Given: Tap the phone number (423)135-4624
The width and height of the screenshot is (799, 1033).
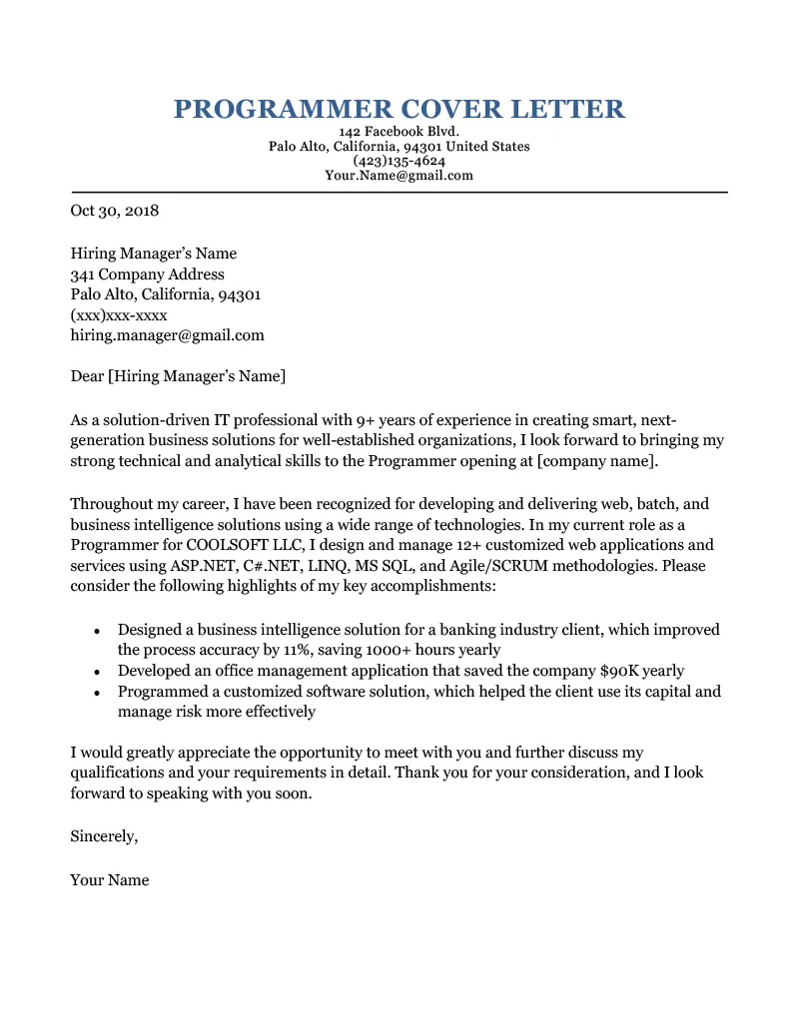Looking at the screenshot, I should [x=399, y=161].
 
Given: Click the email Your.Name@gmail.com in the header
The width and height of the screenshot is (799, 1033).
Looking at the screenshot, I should [x=399, y=176].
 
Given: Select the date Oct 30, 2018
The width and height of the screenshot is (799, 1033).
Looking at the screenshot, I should [x=114, y=212].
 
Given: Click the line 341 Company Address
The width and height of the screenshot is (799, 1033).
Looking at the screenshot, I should [x=147, y=274].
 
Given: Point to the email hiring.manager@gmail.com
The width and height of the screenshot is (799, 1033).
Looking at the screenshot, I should [x=167, y=335].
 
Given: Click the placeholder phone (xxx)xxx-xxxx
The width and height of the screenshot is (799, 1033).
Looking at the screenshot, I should [x=118, y=315].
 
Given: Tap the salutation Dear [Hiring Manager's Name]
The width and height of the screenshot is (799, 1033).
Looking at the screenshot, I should [x=178, y=376].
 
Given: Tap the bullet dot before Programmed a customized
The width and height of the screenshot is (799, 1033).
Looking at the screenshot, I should [x=96, y=693].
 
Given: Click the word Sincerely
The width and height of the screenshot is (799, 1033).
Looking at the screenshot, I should [x=104, y=836].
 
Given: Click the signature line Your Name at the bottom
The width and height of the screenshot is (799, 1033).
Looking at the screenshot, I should [x=109, y=880].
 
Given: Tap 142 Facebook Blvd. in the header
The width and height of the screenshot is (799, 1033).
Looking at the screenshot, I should [x=399, y=132].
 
